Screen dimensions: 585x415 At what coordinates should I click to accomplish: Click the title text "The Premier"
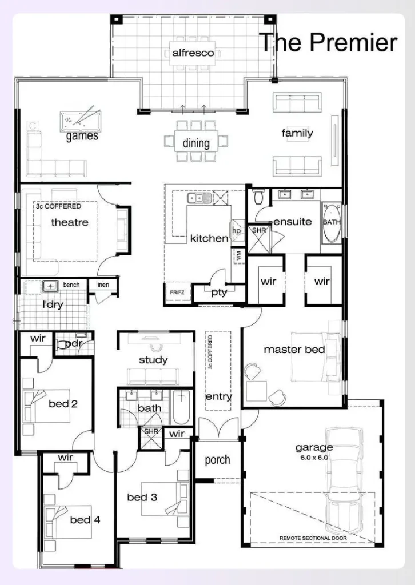(x=328, y=42)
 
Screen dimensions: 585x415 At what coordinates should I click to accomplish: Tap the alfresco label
(x=193, y=53)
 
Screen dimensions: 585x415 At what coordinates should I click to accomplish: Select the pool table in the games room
(x=77, y=120)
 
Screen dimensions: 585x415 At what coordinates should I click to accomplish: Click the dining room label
(x=196, y=143)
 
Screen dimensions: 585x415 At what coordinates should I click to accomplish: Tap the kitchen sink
(x=198, y=198)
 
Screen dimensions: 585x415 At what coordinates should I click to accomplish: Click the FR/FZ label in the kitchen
(x=177, y=292)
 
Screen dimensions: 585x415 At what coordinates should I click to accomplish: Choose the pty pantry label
(x=219, y=292)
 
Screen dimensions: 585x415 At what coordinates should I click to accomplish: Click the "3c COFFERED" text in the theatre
(x=59, y=206)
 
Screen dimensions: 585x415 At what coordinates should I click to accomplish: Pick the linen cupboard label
(x=103, y=285)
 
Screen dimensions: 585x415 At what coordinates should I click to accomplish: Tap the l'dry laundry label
(x=53, y=304)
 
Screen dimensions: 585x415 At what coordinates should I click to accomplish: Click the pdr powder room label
(x=74, y=344)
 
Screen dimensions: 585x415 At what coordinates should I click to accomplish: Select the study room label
(x=153, y=360)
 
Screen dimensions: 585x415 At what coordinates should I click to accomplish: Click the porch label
(x=217, y=460)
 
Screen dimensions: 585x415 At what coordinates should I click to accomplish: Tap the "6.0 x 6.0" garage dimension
(x=313, y=458)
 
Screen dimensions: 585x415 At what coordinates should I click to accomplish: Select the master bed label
(x=294, y=349)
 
